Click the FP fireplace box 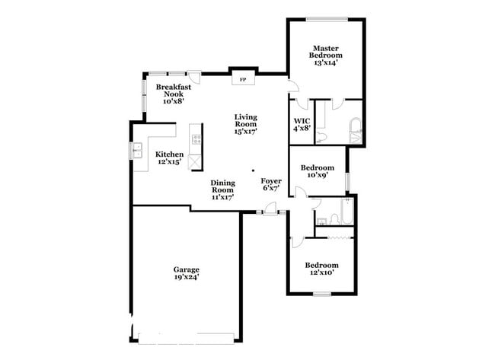coord(244,78)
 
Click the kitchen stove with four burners coord(196,139)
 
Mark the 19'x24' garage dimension coord(187,279)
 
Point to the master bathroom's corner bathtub coord(354,131)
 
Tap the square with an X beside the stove coord(196,161)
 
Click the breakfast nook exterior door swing coord(195,78)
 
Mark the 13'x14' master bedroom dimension coord(325,63)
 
